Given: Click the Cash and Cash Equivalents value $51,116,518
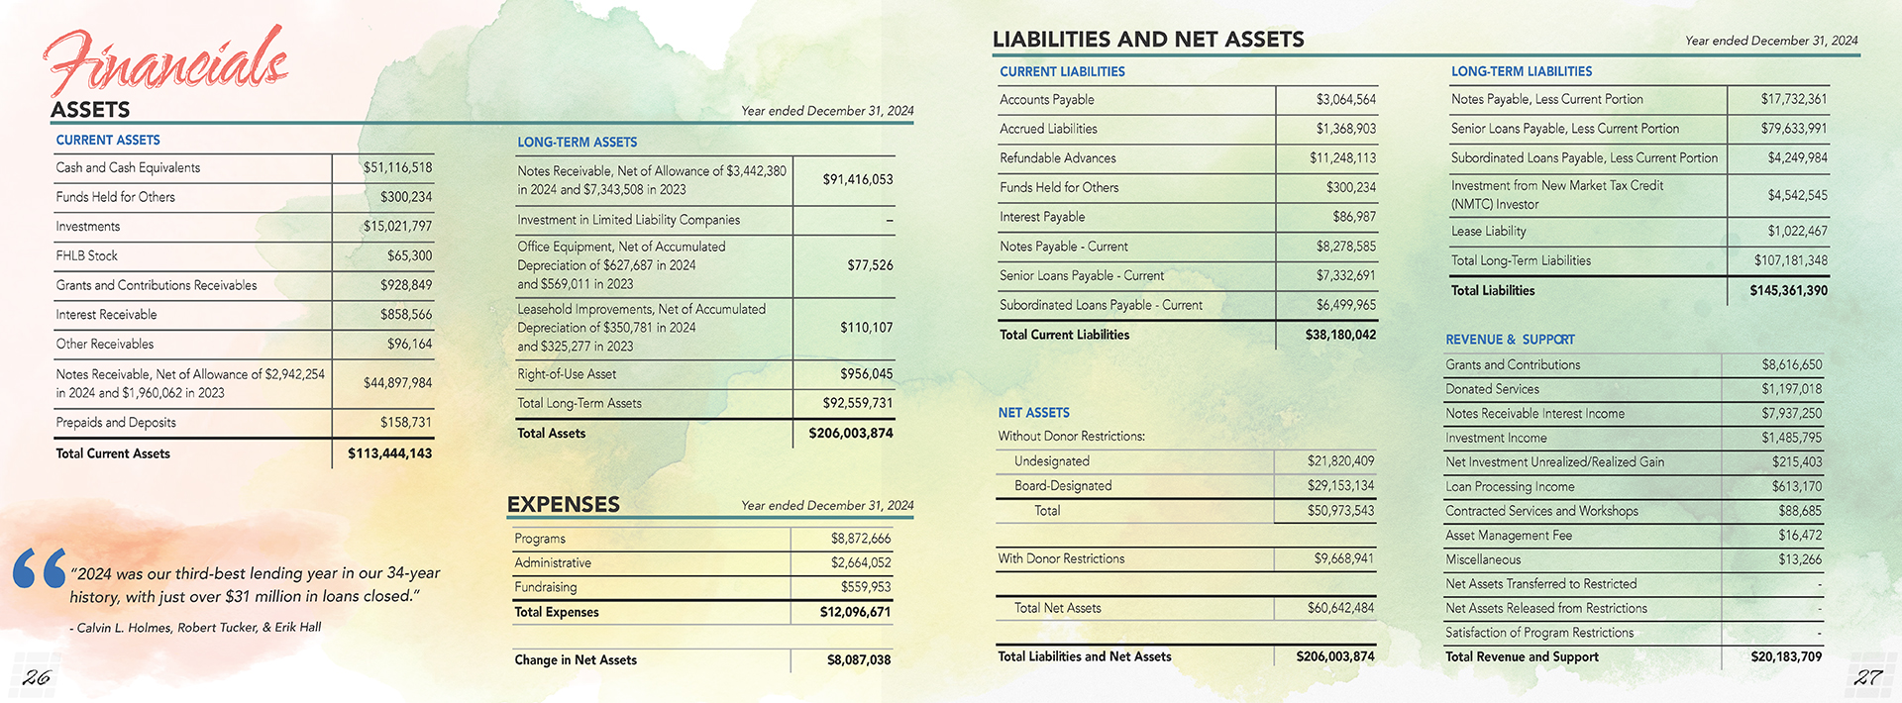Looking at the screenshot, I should pos(397,168).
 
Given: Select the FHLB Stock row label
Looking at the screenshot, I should pos(87,255).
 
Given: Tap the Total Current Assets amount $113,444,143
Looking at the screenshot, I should pos(389,453).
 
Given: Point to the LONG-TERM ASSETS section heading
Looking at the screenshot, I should pos(577,143).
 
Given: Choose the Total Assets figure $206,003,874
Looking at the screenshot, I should pos(850,433).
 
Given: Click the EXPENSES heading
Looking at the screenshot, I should pos(563,504).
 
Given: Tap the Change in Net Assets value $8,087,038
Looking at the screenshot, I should pos(858,660).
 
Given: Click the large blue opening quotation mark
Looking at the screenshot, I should pos(40,568).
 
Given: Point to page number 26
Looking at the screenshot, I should pos(37,677).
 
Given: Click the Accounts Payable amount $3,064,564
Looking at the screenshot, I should pos(1345,100).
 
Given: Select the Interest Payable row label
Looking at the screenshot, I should pos(1042,217).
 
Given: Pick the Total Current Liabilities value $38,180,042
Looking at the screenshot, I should pos(1339,335).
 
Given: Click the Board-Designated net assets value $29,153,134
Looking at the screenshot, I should pos(1340,486).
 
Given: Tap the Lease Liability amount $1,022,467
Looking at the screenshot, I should pos(1797,232).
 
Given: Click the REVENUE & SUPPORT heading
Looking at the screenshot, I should pos(1510,340).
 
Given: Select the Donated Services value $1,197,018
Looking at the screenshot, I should pos(1791,389).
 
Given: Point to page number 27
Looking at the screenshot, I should pos(1867,677).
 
